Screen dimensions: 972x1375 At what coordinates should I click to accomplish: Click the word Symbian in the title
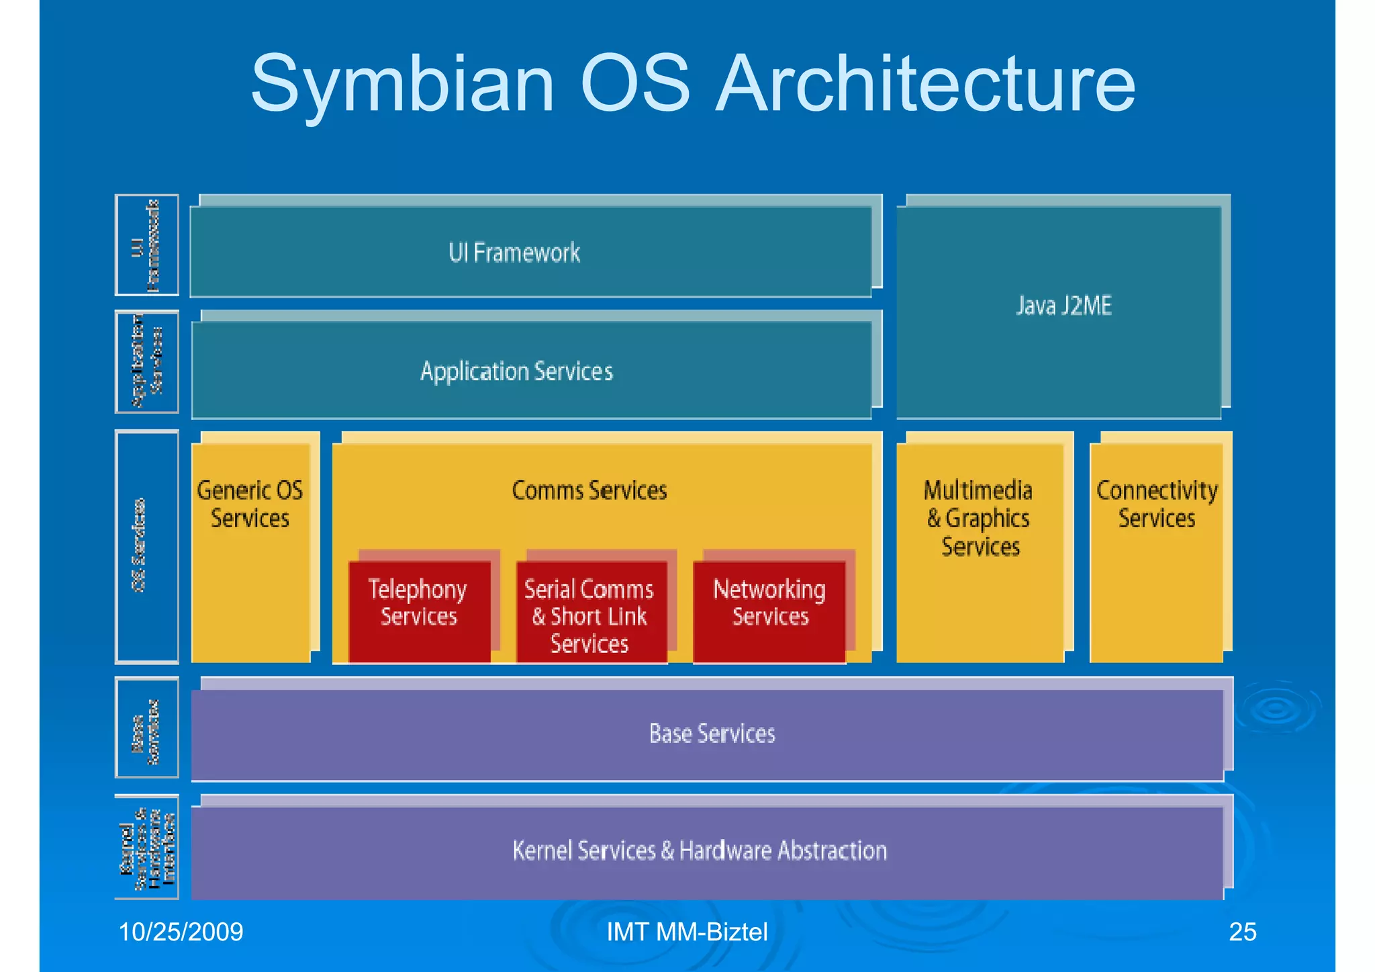(402, 85)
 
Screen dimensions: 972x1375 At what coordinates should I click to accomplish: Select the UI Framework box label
(514, 253)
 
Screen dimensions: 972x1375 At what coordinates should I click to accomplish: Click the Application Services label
(516, 371)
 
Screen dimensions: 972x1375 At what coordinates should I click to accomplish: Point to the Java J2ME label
(1063, 306)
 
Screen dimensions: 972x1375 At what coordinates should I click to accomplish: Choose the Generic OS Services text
(250, 504)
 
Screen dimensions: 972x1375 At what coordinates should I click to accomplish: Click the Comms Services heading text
(589, 490)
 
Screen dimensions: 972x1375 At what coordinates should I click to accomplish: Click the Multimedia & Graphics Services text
(980, 518)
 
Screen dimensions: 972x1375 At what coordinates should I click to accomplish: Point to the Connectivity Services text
(1156, 504)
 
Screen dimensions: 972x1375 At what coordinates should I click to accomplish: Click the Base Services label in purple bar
(712, 734)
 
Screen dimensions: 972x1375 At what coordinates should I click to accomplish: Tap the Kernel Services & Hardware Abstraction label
(700, 850)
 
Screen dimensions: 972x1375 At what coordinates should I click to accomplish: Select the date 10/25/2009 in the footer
(181, 932)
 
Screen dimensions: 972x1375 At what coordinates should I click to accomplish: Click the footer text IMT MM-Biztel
(686, 932)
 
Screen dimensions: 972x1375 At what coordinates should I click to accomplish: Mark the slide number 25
(1242, 932)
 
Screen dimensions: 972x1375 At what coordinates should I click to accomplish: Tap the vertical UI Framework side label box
(147, 245)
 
